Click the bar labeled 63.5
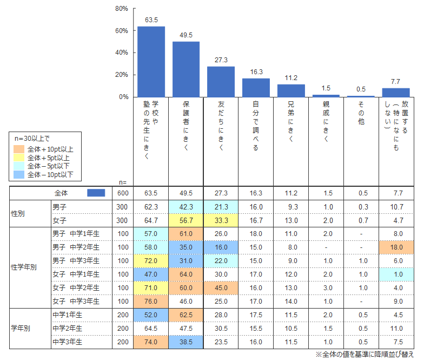coord(151,61)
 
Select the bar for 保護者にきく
coord(186,69)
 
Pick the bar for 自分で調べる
coord(256,87)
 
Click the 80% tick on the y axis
coord(122,9)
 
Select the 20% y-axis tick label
coord(122,75)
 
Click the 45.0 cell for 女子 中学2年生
coord(221,287)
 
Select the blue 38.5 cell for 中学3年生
coord(186,342)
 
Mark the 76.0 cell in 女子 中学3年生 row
coord(151,301)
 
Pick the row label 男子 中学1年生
coord(75,233)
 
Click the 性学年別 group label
coord(24,267)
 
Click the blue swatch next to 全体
coord(96,193)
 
